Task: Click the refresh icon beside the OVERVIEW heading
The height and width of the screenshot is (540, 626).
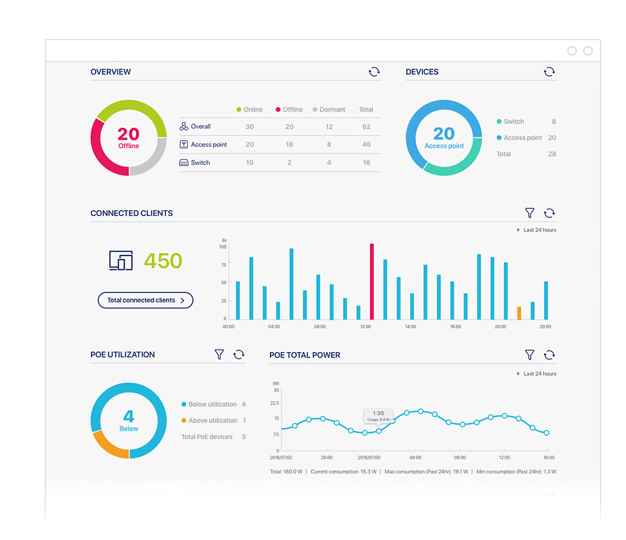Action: (x=374, y=72)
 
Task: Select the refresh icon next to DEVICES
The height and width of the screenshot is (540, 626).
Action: (x=549, y=72)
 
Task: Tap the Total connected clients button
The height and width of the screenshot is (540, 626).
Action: (x=146, y=300)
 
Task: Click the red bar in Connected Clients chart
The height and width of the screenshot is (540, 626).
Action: (x=372, y=281)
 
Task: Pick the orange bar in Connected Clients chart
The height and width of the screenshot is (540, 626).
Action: (x=519, y=313)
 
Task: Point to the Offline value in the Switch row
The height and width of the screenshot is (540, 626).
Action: (x=289, y=163)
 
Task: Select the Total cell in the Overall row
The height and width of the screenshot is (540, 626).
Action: (x=367, y=127)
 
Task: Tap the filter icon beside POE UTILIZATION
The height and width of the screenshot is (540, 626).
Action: (x=219, y=355)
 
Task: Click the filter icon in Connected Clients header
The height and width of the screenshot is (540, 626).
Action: (x=530, y=213)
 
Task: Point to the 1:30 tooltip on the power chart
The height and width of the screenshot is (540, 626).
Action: (x=378, y=415)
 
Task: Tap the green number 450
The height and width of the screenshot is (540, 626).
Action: (x=163, y=261)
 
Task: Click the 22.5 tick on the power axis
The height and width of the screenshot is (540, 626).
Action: (x=276, y=403)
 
